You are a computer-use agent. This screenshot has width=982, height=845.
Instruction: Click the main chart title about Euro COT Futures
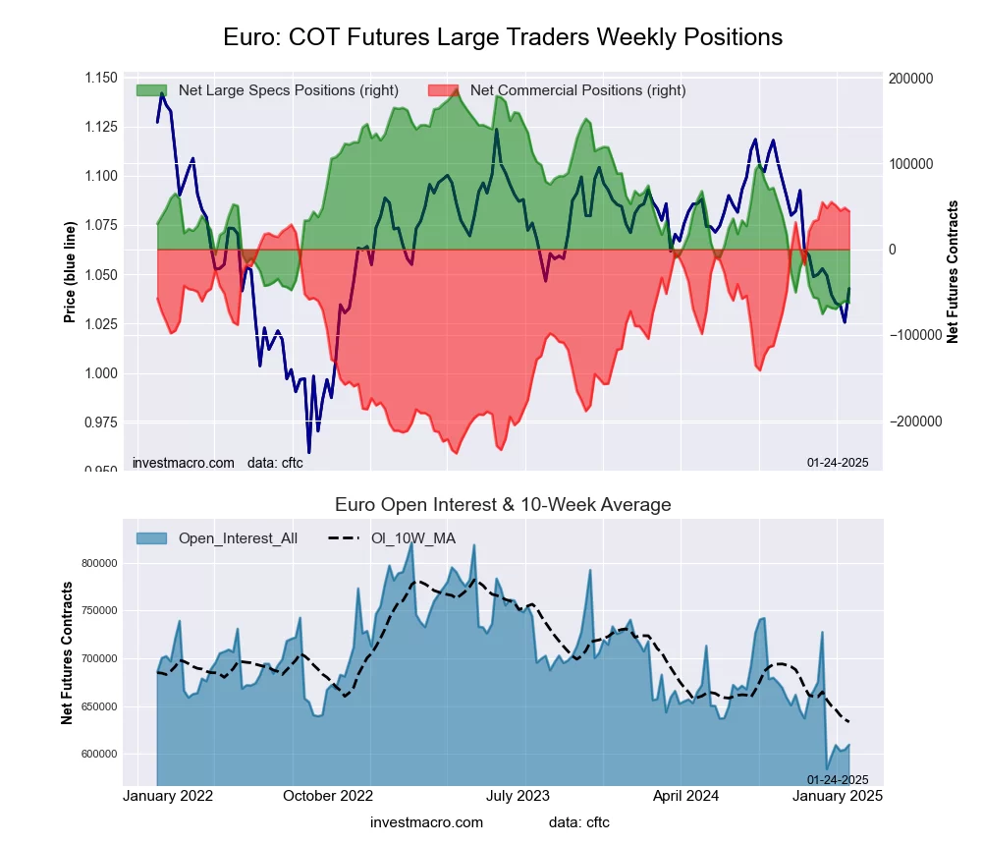(x=503, y=37)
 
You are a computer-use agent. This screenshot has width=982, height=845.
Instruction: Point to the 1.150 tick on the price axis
(x=100, y=78)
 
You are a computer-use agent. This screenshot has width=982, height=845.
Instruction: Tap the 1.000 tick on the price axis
(x=100, y=373)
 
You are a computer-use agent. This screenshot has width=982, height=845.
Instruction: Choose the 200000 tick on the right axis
(x=910, y=79)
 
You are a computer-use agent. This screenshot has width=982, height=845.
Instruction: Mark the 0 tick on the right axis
(x=894, y=250)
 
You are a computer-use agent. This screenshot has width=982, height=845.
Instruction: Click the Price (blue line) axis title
(x=70, y=272)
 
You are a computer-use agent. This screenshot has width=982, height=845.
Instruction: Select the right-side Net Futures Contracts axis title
(x=953, y=272)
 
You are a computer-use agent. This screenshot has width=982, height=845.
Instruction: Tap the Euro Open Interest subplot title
(x=503, y=505)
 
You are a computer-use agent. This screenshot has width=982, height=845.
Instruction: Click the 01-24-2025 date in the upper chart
(x=838, y=463)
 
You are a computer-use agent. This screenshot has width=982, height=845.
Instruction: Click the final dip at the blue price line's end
(x=845, y=321)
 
